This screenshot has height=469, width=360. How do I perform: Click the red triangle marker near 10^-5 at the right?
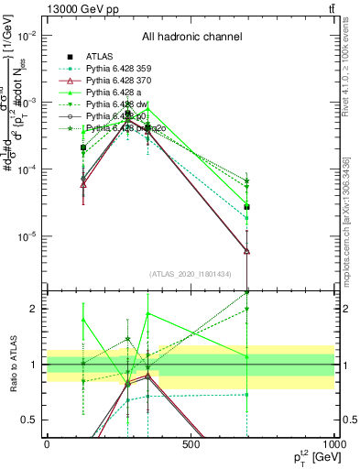point(246,250)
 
